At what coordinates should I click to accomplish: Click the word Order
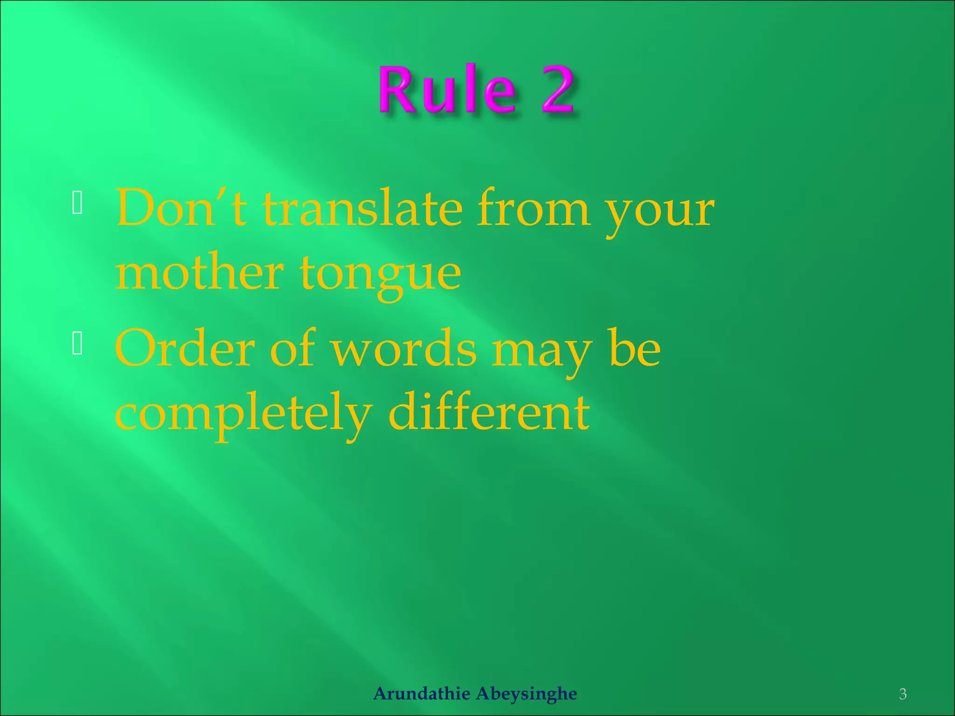pos(185,349)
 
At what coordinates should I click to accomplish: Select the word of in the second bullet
pos(292,348)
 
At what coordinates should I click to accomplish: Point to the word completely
pos(243,415)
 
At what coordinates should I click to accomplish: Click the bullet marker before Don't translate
pos(77,203)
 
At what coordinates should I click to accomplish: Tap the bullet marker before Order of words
pos(77,344)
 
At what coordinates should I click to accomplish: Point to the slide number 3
pos(903,694)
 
